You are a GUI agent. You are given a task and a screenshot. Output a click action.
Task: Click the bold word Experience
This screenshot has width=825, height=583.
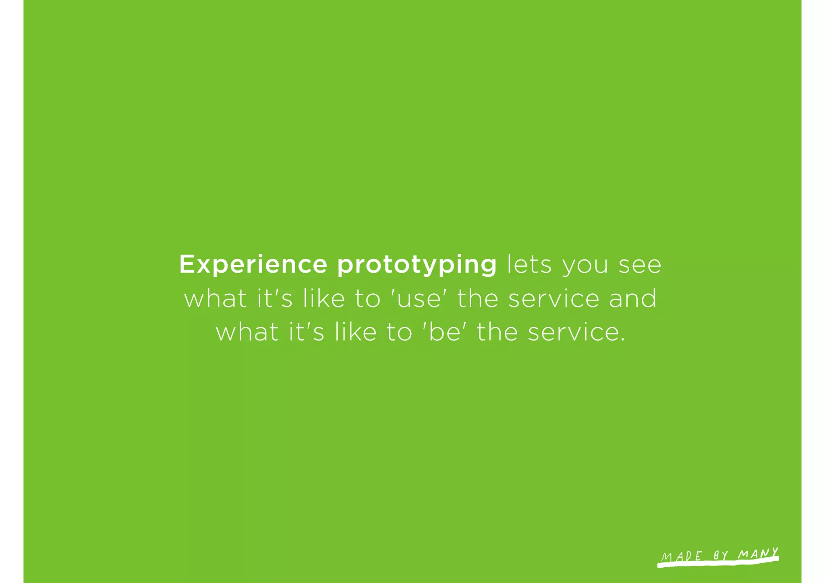pos(253,265)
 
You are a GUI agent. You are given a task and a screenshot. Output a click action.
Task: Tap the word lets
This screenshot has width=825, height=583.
pos(529,265)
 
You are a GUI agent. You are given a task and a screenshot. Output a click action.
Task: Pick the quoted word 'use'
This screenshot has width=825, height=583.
pos(419,299)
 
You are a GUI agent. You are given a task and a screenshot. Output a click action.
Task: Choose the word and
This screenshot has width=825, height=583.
pos(632,299)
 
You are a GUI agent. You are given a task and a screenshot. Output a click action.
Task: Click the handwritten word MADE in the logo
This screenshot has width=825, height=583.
pos(682,556)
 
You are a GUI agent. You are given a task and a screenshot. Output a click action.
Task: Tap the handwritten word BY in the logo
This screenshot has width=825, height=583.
pos(721,556)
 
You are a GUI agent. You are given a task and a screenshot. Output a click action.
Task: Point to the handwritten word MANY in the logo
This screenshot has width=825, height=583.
pos(758,554)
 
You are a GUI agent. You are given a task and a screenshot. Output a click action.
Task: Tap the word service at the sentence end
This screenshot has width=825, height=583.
pos(573,332)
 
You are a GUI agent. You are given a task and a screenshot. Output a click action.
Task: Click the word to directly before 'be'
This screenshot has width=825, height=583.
pos(400,333)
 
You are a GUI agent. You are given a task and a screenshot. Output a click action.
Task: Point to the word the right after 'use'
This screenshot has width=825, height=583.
pos(477,299)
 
